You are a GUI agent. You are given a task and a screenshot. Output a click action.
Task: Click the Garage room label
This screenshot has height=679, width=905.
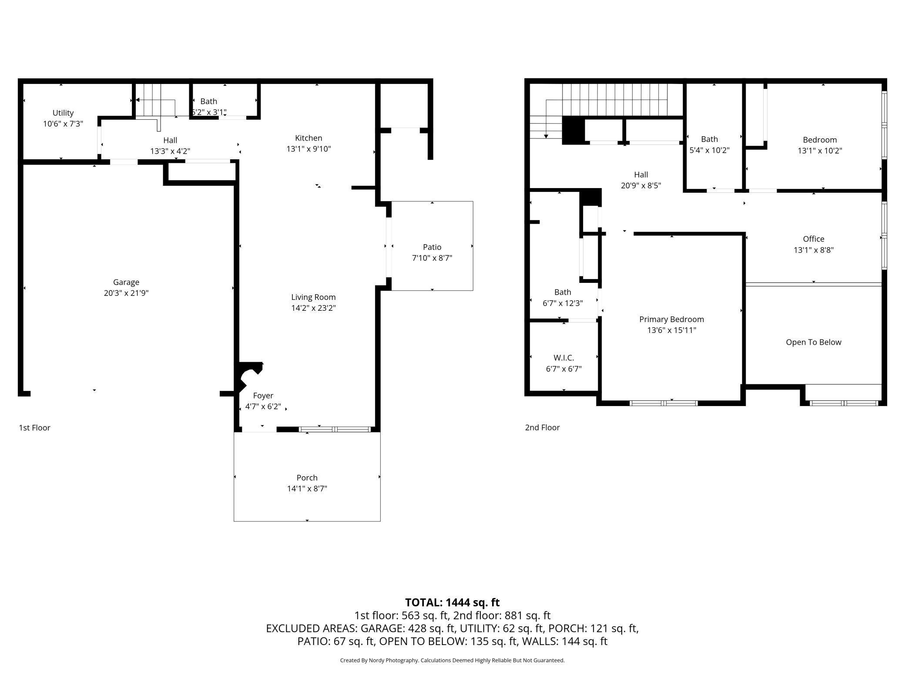tap(126, 282)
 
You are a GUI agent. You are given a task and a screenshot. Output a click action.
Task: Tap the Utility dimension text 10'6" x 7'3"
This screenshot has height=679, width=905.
tap(63, 124)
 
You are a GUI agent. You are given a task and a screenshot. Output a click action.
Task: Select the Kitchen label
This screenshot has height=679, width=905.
tap(308, 138)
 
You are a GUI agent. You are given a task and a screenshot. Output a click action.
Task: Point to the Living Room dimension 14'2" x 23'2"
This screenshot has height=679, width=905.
tap(313, 308)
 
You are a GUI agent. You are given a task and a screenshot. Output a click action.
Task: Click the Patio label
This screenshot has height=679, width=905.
tap(432, 247)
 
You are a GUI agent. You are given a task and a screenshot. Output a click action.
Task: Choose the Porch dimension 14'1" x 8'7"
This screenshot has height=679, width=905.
tap(307, 488)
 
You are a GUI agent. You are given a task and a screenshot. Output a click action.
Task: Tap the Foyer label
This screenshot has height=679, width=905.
tap(263, 396)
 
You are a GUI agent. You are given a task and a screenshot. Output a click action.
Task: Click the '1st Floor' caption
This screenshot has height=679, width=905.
tap(34, 427)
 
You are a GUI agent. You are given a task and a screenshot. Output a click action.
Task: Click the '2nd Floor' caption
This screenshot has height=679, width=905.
tap(542, 427)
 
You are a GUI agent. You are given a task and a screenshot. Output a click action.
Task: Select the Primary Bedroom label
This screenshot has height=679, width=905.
tap(671, 319)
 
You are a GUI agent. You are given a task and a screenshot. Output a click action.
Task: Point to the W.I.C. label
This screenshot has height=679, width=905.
tap(563, 358)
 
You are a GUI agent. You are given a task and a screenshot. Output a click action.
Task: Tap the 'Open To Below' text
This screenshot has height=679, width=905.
tap(813, 342)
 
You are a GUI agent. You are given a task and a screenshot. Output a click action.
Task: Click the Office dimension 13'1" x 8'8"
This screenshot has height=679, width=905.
tap(813, 250)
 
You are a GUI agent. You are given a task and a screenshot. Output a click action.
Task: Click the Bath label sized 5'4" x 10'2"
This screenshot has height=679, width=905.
tap(709, 139)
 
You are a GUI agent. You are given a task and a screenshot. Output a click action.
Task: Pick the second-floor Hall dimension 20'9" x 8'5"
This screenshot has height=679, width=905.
tap(640, 185)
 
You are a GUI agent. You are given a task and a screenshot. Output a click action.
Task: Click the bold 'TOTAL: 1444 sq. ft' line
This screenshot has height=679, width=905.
tap(452, 602)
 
